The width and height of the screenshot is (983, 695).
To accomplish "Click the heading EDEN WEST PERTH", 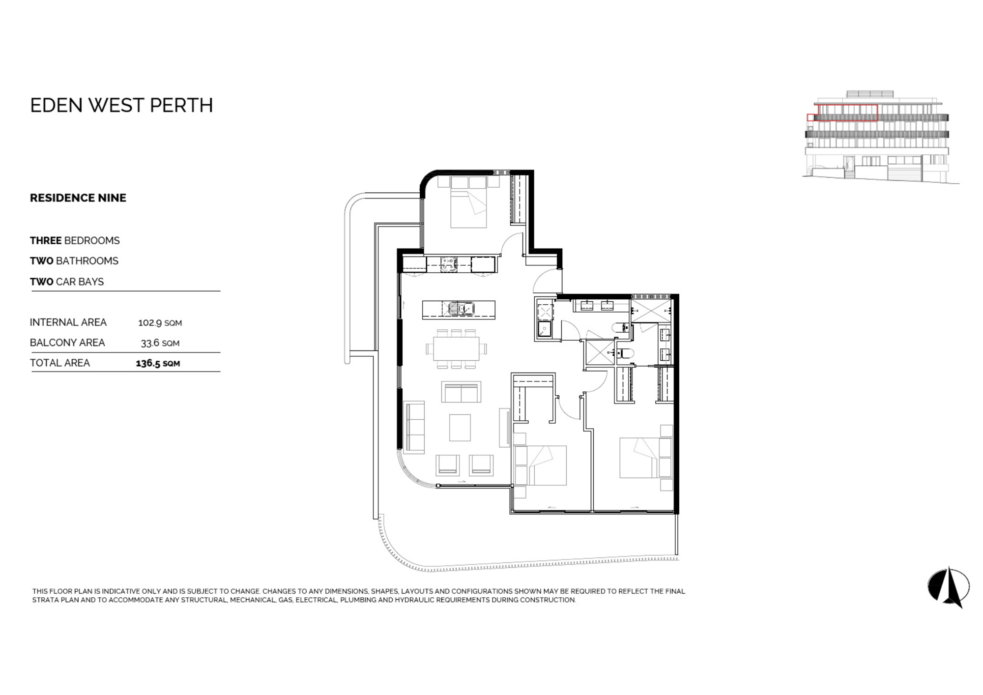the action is click(x=121, y=105).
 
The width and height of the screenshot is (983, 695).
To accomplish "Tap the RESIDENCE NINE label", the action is click(x=78, y=198).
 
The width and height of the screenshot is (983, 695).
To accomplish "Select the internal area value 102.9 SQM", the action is click(x=160, y=323).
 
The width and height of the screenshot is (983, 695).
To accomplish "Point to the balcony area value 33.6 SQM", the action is click(x=160, y=343).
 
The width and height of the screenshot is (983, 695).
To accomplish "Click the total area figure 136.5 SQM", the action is click(x=158, y=364).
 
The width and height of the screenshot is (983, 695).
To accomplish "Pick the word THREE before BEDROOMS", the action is click(x=46, y=240).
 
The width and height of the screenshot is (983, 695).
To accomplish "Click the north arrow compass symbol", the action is click(x=949, y=587).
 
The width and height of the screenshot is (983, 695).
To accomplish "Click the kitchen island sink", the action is click(x=459, y=309).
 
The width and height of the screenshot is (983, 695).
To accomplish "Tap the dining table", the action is click(x=456, y=349).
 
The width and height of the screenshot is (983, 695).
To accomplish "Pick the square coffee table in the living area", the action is click(x=460, y=428).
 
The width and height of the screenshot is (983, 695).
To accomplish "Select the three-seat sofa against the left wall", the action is click(x=414, y=427).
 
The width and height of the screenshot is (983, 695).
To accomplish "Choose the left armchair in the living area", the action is click(x=448, y=465).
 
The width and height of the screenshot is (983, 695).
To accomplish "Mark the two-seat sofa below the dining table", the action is click(x=461, y=392).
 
